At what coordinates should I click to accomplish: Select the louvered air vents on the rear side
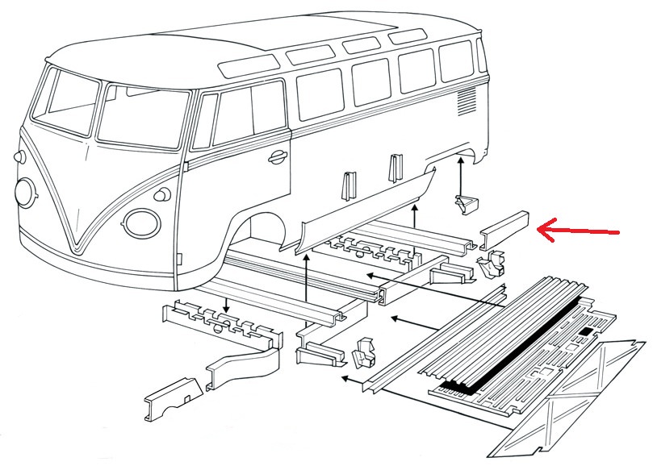click(467, 102)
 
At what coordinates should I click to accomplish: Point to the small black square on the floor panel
click(585, 332)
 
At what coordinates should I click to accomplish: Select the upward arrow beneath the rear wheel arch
click(461, 174)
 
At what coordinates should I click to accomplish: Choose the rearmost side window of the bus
click(457, 61)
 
